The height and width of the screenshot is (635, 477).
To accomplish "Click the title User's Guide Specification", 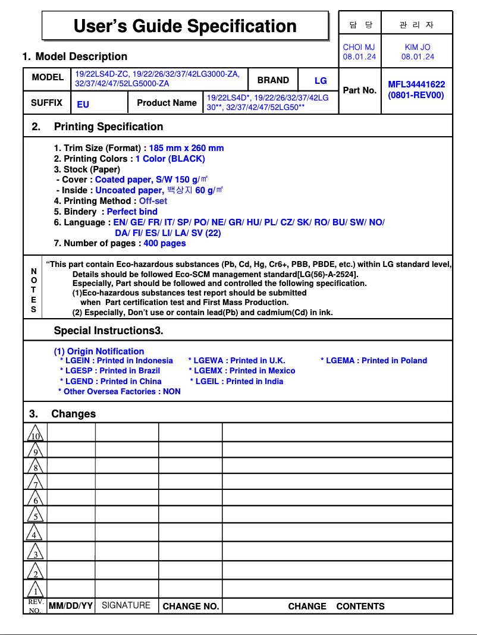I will click(x=185, y=26).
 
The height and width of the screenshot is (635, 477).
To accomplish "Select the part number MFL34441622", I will click(x=416, y=84).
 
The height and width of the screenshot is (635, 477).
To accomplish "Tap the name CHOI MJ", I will click(x=359, y=47).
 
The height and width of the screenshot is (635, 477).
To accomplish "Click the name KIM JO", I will click(x=417, y=47).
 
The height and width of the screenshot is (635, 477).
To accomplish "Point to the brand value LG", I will click(x=321, y=80).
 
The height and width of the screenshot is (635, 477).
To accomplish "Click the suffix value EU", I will click(x=83, y=104).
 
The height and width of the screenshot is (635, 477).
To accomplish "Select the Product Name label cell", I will click(x=167, y=103).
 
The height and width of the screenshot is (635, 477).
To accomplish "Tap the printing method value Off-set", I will click(x=153, y=201).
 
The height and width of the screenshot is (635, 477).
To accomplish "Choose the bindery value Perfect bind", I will click(x=132, y=212).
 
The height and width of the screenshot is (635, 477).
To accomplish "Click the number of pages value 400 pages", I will click(x=165, y=243).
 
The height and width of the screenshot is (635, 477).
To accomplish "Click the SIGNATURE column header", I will click(x=126, y=605).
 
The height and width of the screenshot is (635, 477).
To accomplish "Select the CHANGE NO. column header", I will click(x=191, y=606).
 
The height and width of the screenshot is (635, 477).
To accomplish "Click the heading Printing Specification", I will click(x=108, y=127).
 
